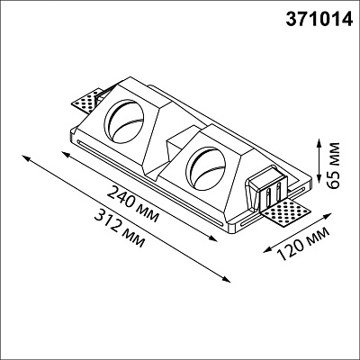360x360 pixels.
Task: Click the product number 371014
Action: (x=319, y=19)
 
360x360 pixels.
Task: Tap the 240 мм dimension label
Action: (x=133, y=204)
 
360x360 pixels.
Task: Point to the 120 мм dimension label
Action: (x=303, y=244)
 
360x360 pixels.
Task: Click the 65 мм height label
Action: (x=334, y=166)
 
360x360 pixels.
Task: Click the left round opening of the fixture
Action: (x=124, y=121)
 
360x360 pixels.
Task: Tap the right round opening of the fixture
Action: (x=205, y=168)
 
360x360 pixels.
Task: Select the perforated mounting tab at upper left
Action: (x=87, y=101)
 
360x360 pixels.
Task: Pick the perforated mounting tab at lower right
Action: (x=285, y=214)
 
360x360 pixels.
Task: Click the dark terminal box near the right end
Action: (x=266, y=188)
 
